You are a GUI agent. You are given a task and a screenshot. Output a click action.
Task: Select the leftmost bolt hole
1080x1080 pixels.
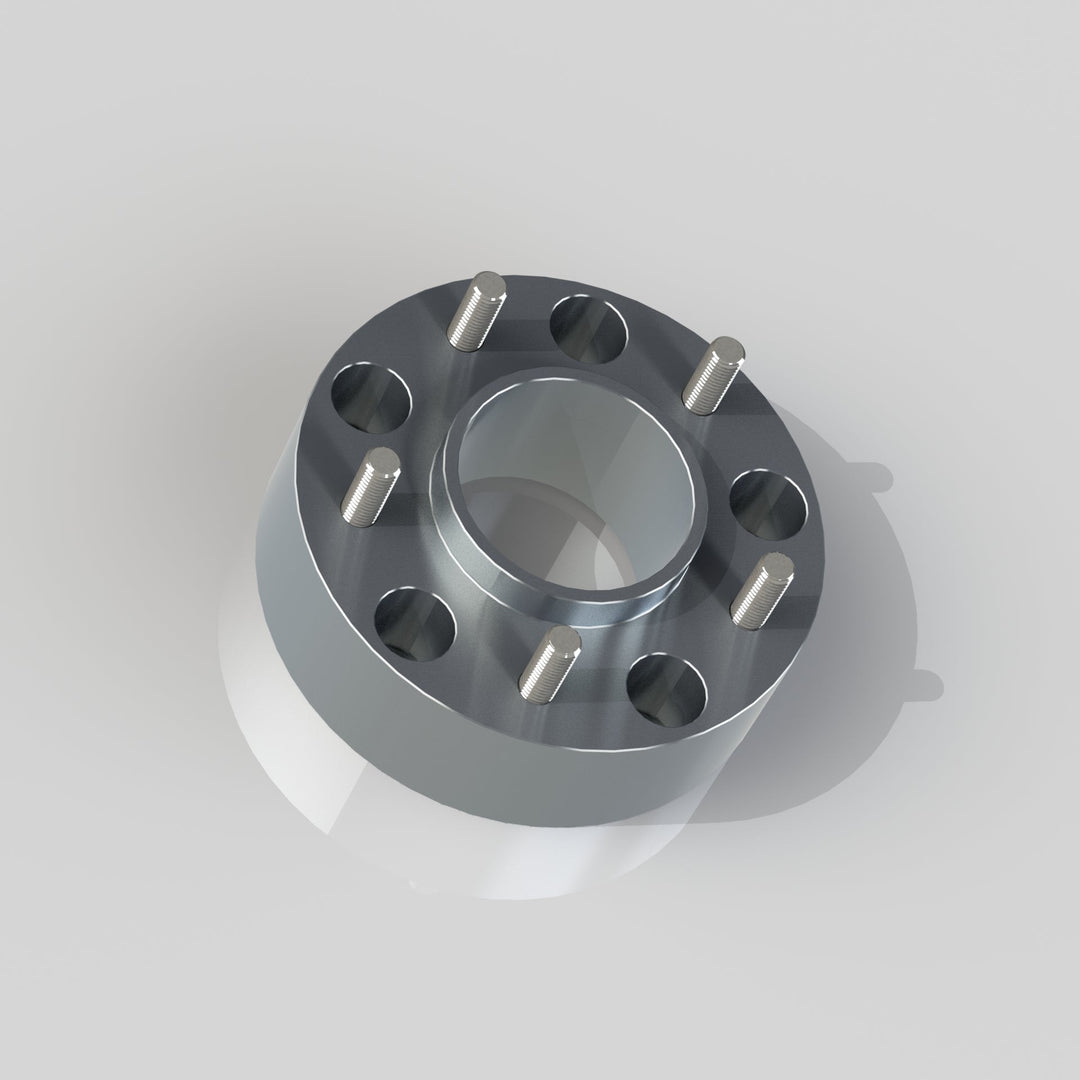click(371, 398)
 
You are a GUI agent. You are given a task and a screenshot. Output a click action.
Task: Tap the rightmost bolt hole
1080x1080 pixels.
click(768, 506)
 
